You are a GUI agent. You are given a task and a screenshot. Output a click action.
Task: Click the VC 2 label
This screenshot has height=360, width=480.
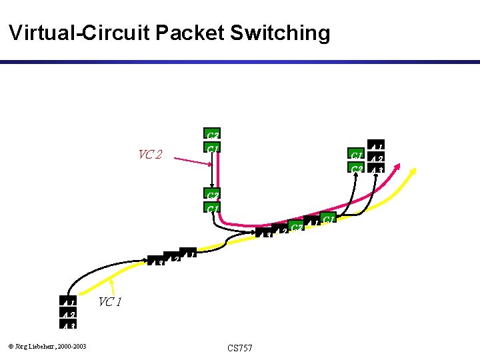click(150, 155)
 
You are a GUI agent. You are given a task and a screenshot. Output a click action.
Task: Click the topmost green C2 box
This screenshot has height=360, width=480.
click(213, 134)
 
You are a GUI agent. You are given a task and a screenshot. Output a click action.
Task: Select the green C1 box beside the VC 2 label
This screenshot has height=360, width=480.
click(213, 147)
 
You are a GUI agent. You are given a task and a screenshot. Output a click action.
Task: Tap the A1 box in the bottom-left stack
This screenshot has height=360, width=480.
click(69, 302)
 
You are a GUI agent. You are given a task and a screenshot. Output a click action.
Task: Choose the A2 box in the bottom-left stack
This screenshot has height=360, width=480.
click(69, 314)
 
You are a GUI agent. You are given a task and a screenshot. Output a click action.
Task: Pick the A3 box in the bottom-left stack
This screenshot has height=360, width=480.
click(69, 325)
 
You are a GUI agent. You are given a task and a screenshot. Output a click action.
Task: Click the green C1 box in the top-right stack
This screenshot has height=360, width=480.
click(357, 155)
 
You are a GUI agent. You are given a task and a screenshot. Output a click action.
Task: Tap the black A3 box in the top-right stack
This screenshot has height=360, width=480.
click(376, 169)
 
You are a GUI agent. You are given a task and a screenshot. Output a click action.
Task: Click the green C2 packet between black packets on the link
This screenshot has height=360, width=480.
click(297, 228)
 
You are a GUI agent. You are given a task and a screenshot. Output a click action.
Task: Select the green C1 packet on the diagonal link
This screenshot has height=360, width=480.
click(327, 219)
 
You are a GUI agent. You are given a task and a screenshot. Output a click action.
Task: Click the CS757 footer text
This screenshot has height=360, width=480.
click(239, 348)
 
